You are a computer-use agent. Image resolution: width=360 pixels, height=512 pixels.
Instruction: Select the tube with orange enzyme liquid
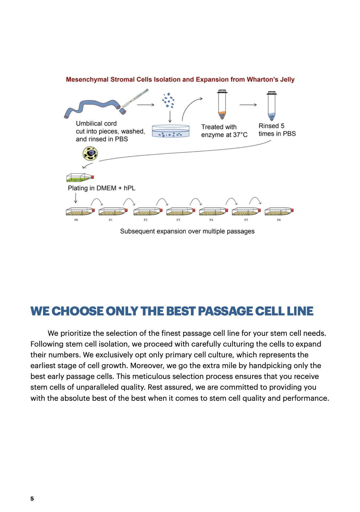(x=222, y=105)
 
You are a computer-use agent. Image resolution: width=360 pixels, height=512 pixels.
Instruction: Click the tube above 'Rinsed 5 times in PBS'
(x=271, y=106)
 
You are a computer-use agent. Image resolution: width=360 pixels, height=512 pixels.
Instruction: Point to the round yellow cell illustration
(x=90, y=153)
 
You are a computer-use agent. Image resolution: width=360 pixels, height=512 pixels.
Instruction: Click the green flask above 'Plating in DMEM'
(x=80, y=177)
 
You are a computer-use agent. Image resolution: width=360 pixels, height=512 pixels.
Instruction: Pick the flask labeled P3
(x=180, y=211)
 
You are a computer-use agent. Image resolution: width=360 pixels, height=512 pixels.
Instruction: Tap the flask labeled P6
(x=278, y=211)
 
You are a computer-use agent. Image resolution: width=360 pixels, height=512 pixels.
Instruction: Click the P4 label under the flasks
(x=211, y=220)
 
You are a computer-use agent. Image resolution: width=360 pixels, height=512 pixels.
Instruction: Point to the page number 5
(x=32, y=499)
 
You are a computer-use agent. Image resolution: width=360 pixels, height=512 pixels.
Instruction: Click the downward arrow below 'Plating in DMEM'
(x=76, y=198)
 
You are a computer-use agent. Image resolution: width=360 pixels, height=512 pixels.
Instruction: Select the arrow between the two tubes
(x=248, y=105)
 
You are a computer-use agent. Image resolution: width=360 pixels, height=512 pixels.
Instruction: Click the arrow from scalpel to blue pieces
(x=145, y=105)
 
